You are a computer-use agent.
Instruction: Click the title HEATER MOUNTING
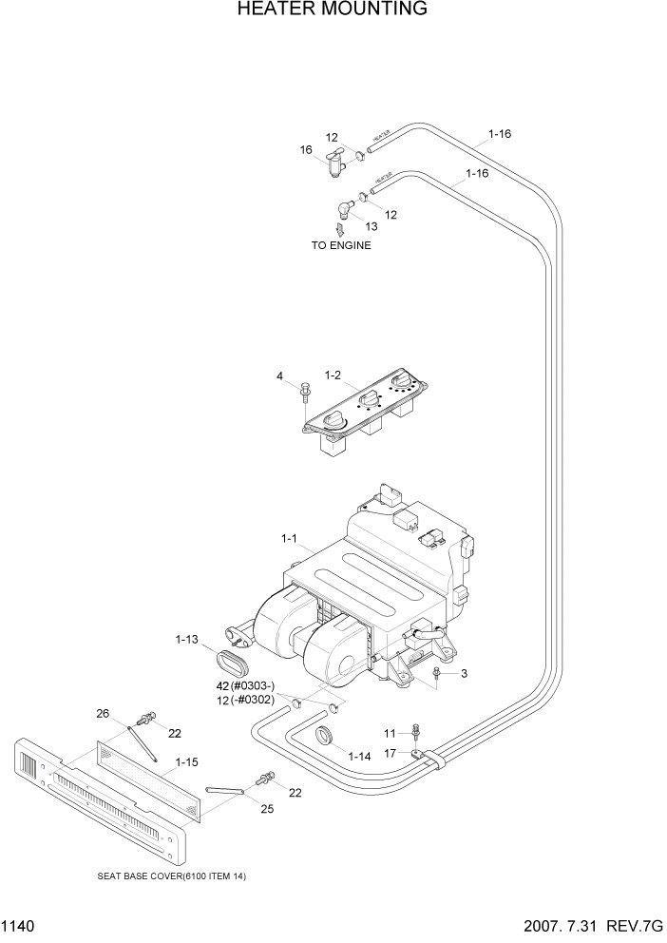pyautogui.click(x=332, y=10)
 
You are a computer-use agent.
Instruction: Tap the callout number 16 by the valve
pyautogui.click(x=306, y=149)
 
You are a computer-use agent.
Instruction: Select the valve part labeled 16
pyautogui.click(x=334, y=166)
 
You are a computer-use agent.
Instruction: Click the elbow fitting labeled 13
pyautogui.click(x=343, y=210)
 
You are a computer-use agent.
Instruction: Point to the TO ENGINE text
pyautogui.click(x=341, y=245)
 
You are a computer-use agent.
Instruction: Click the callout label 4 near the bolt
pyautogui.click(x=280, y=376)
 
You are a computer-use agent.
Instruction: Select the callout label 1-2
pyautogui.click(x=333, y=376)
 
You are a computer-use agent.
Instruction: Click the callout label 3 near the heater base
pyautogui.click(x=464, y=673)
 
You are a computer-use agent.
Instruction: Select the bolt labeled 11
pyautogui.click(x=416, y=733)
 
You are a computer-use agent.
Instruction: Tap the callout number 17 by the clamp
pyautogui.click(x=390, y=754)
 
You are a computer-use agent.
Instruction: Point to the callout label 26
pyautogui.click(x=104, y=712)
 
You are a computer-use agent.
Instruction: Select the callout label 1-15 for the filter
pyautogui.click(x=187, y=761)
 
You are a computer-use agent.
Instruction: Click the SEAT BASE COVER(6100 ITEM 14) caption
pyautogui.click(x=172, y=876)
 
